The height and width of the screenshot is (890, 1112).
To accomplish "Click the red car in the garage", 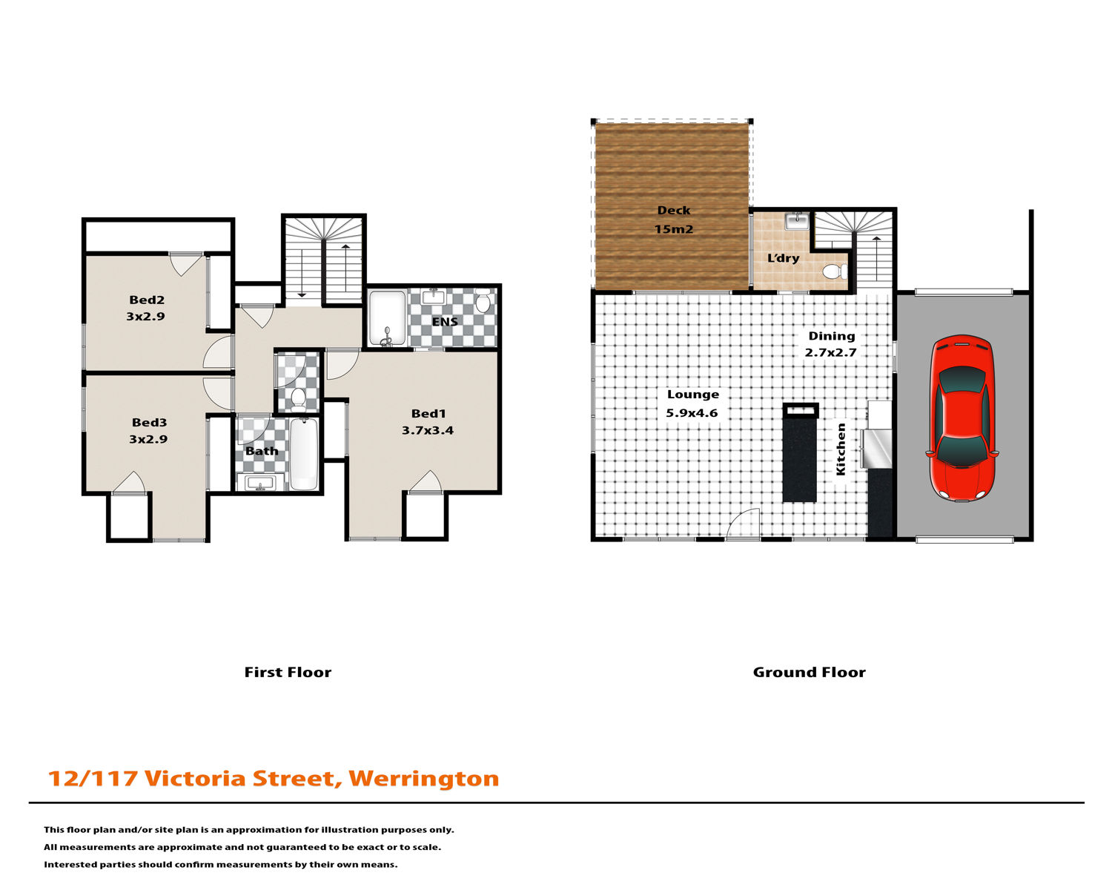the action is point(962,418).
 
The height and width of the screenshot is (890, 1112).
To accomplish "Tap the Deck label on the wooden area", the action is point(674,211).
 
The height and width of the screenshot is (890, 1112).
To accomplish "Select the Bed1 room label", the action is point(428,413).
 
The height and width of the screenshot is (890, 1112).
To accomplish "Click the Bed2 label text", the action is point(147,300).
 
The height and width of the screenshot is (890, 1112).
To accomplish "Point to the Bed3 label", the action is point(149,422).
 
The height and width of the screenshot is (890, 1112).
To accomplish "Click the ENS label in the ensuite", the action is point(445,322).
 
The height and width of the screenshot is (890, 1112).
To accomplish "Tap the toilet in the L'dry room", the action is point(835,271).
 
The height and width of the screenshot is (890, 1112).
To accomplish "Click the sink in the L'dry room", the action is point(797,221).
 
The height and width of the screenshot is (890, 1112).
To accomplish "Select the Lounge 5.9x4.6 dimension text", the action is point(692,412).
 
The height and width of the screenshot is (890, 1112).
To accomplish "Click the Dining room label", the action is point(832,336).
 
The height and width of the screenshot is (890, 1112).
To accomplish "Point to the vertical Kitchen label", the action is point(841,449).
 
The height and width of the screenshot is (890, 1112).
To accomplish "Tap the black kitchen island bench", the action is point(800,452).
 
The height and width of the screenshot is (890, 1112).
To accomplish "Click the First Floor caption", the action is point(288,672).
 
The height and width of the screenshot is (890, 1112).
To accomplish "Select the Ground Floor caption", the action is point(810,672).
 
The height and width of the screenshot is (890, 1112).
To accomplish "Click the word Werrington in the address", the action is point(424,779).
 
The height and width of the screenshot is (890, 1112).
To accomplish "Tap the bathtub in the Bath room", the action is point(303,454).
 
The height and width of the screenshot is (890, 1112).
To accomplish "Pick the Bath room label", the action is point(262,451).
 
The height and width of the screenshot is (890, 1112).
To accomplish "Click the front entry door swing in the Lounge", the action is point(743,524).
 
